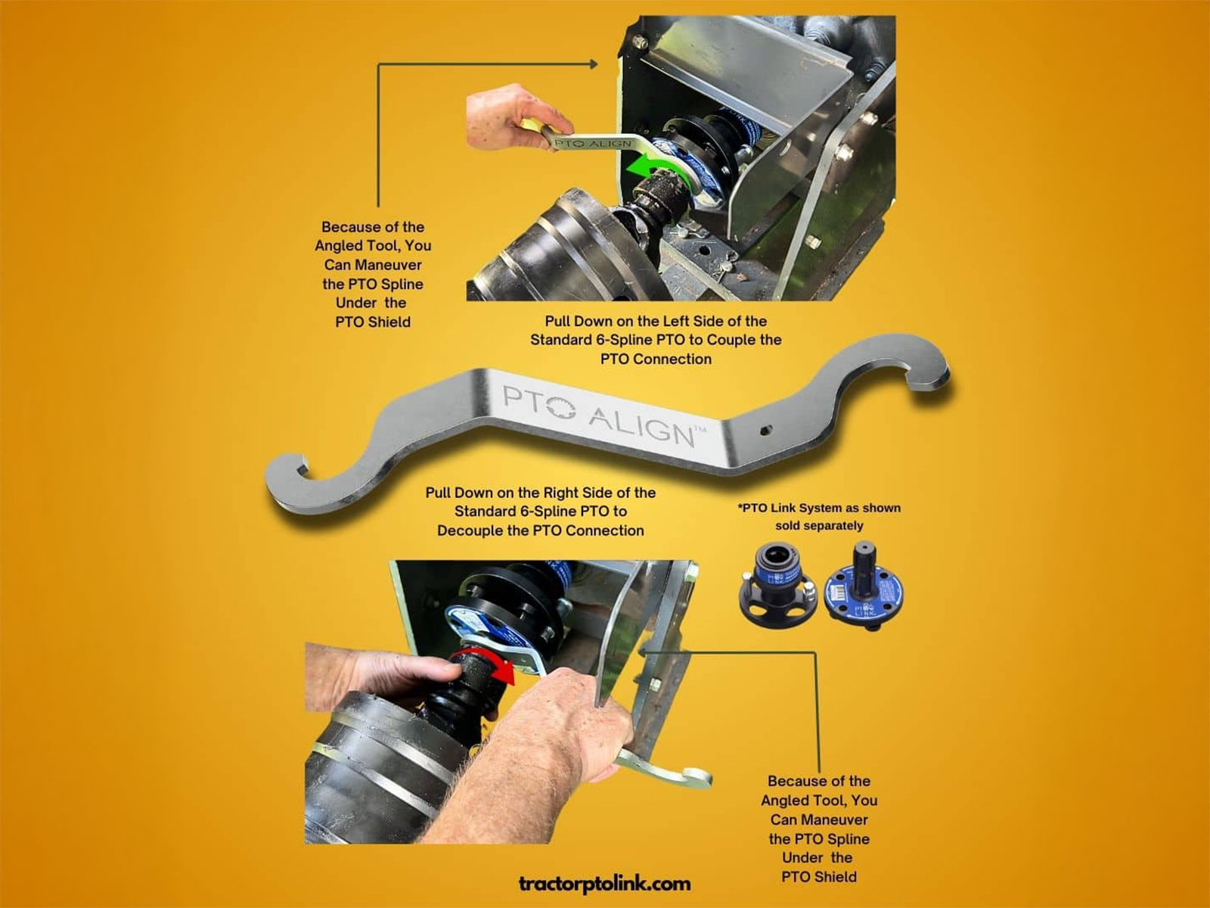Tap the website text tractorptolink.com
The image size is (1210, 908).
point(604,883)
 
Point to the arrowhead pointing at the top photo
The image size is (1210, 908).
point(594,65)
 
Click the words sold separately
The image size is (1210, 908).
point(819,525)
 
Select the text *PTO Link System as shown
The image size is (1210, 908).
point(819,508)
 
